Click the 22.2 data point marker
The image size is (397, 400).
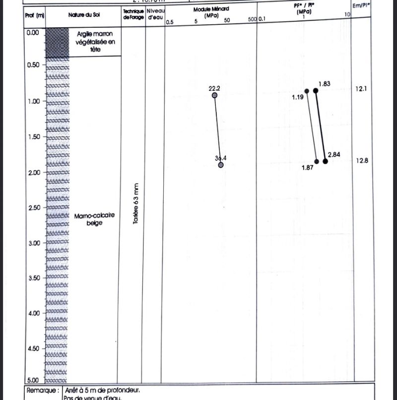[x=214, y=95]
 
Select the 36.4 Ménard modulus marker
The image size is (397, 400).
[x=221, y=165]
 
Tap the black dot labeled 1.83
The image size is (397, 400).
[x=315, y=90]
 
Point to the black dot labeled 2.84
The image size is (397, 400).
[x=325, y=161]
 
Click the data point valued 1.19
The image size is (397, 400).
[x=307, y=91]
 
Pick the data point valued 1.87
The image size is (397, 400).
[x=317, y=161]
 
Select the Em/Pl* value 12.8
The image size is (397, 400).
[x=362, y=160]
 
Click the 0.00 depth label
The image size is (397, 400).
[x=33, y=32]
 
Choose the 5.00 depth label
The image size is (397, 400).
[x=33, y=380]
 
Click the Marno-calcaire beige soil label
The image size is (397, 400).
[x=94, y=219]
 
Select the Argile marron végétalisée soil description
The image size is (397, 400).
[x=95, y=42]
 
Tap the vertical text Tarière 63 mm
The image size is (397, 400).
[x=136, y=204]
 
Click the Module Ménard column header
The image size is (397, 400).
[x=211, y=12]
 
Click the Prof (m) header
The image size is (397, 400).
[x=35, y=15]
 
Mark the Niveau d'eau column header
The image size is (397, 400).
[x=155, y=14]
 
